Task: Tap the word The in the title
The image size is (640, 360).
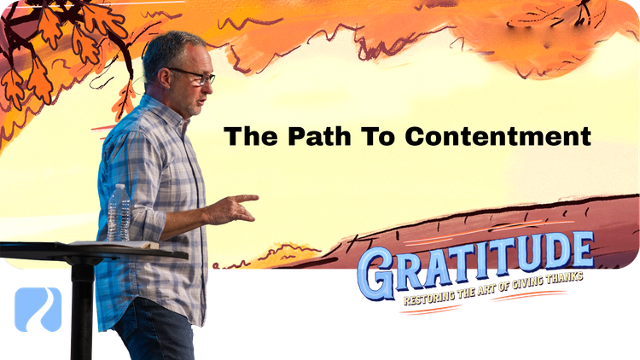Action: click(244, 136)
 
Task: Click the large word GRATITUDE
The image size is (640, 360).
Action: click(475, 260)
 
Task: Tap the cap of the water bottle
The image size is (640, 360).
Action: click(119, 188)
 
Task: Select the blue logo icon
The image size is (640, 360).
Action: click(38, 309)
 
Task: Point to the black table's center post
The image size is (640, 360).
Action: click(83, 307)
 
